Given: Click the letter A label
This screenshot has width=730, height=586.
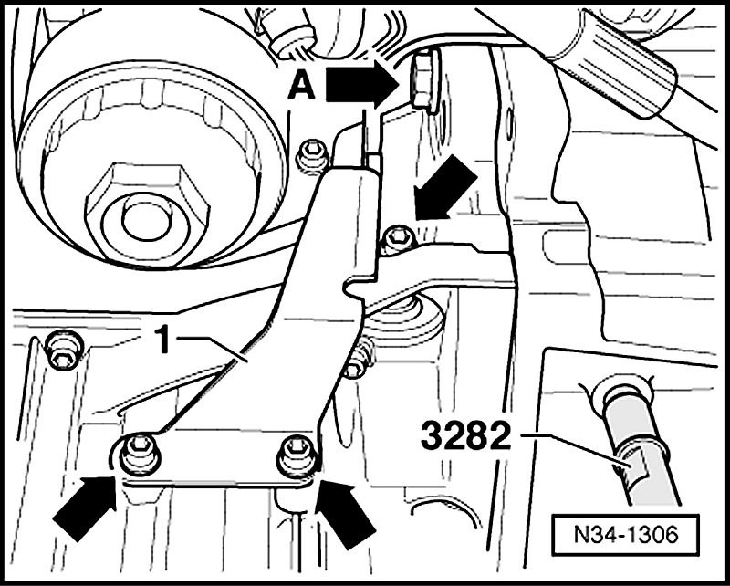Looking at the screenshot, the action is tap(301, 88).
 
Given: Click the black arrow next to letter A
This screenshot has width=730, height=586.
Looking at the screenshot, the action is tap(362, 84).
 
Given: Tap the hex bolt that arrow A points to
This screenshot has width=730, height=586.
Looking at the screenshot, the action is tap(424, 81).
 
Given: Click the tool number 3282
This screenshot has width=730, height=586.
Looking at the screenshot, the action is tap(465, 435).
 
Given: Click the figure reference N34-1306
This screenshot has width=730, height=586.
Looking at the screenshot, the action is tap(625, 535).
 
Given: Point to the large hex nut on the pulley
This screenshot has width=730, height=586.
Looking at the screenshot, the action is tap(147, 214).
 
